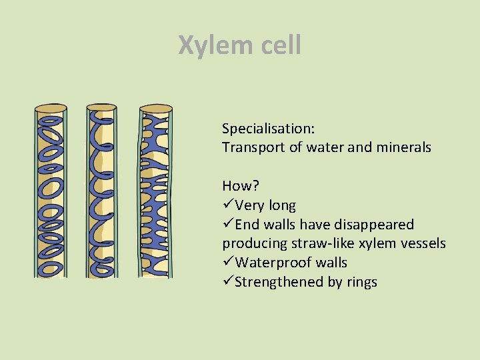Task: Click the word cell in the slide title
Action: tap(279, 45)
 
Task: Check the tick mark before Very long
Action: tap(228, 205)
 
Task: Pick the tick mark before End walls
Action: tap(228, 225)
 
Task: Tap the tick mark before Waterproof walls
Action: tap(228, 263)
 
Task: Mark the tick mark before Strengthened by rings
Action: tap(228, 282)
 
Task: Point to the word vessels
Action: tap(422, 244)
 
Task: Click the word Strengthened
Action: tap(279, 282)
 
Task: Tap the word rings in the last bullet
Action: tap(361, 282)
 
